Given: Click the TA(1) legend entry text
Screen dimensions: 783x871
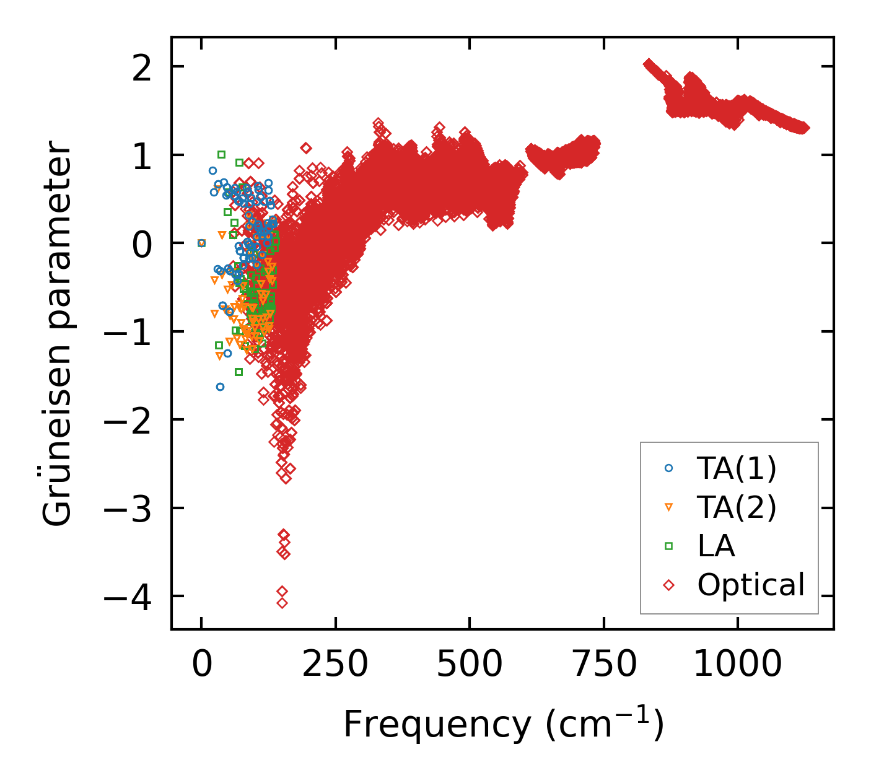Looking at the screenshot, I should click(736, 469).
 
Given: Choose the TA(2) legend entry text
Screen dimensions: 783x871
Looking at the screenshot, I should click(736, 508).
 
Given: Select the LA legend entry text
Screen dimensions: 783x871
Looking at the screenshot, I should click(716, 546).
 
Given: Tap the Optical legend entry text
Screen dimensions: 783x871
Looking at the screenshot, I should click(751, 585).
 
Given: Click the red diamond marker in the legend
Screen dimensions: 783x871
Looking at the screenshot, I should click(668, 585).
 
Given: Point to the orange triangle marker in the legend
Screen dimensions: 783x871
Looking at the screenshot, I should click(668, 507).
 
